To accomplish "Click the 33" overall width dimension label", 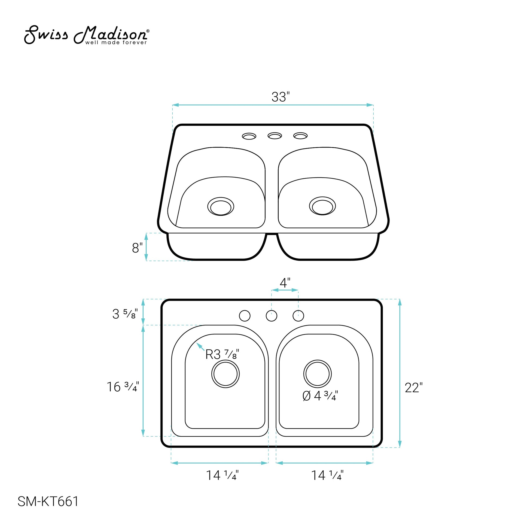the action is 280,97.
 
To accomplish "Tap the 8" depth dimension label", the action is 137,248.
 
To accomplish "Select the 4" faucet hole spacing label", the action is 285,283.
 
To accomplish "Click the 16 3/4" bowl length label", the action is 123,387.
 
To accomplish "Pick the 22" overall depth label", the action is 414,388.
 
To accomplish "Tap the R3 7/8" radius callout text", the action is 222,354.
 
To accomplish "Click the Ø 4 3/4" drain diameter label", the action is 320,396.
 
